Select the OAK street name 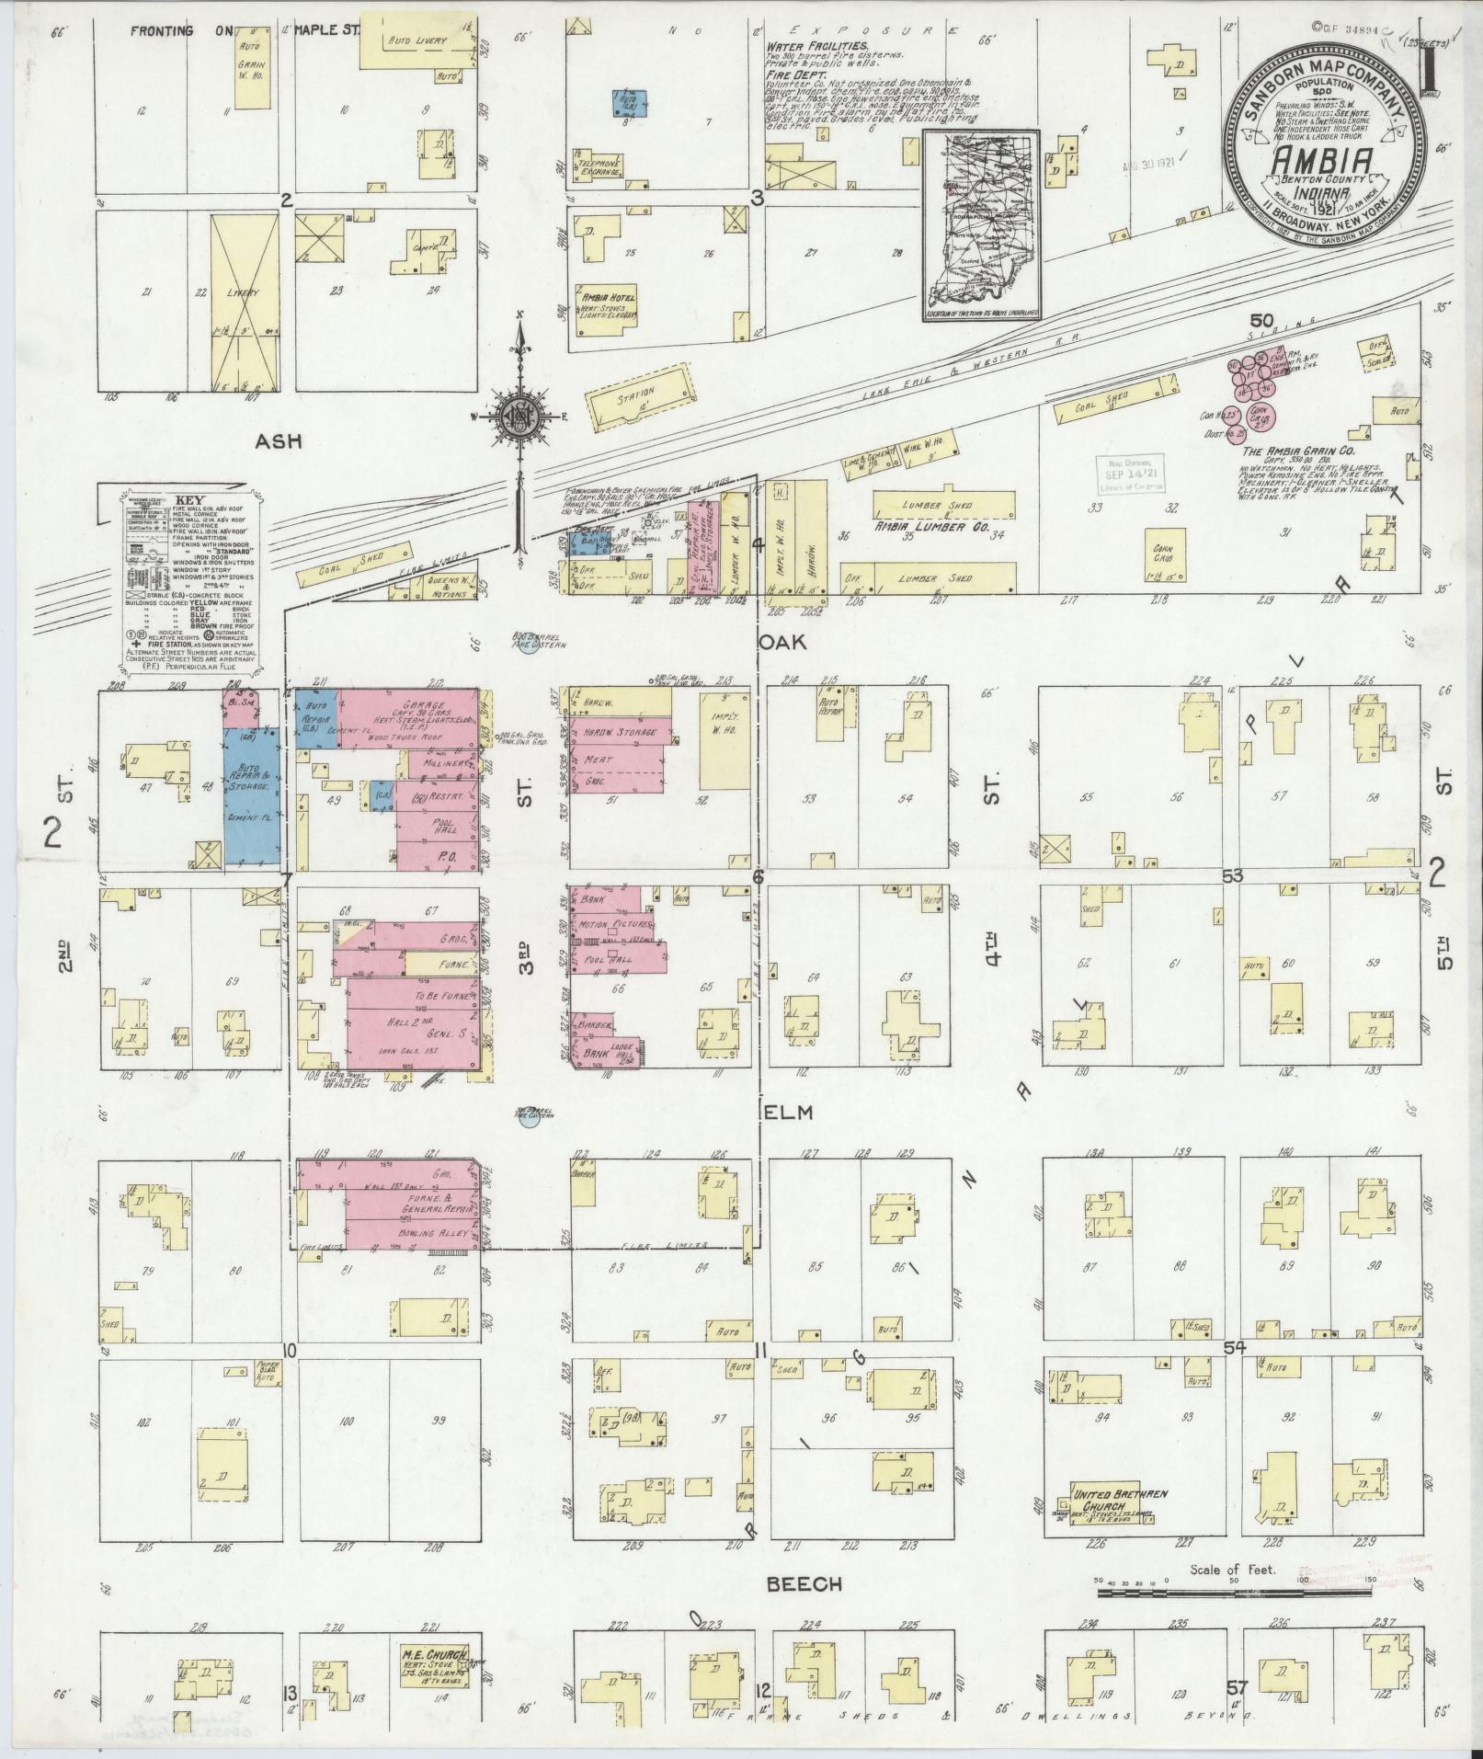pyautogui.click(x=784, y=641)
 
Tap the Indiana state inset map pyautogui.click(x=981, y=225)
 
